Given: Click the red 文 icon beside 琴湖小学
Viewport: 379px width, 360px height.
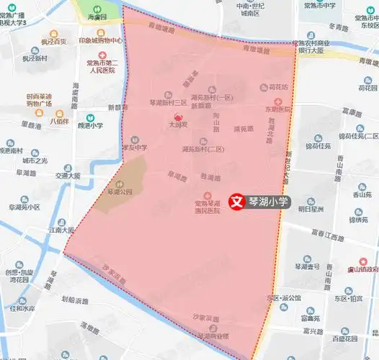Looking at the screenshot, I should click(x=235, y=202).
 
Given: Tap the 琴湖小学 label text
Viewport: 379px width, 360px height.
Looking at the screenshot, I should click(x=268, y=202).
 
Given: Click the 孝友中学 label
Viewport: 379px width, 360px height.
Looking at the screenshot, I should click(x=135, y=147).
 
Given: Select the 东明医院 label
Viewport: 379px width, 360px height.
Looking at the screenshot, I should click(x=277, y=109).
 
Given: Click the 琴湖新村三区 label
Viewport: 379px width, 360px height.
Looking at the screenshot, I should click(x=168, y=103).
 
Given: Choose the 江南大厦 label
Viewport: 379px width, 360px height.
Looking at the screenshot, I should click(x=58, y=230).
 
